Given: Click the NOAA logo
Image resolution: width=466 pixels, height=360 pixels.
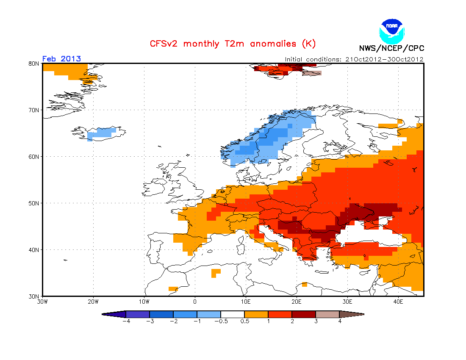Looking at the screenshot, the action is point(392,31).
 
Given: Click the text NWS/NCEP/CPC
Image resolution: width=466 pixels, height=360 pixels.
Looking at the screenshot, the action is point(391,48).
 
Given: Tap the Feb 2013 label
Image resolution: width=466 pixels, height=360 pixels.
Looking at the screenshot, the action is point(61,59).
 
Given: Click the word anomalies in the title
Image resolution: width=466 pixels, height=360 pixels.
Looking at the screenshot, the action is point(273,44).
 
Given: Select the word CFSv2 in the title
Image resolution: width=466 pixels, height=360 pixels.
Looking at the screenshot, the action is point(164,44).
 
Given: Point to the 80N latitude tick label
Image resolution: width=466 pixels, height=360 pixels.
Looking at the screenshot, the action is point(33,64).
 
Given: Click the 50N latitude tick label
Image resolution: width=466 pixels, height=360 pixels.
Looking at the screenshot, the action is point(33,203).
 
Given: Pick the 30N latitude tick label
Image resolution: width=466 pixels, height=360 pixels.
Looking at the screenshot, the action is point(33,296).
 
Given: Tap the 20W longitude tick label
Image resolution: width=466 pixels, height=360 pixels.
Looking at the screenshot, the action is point(93,302).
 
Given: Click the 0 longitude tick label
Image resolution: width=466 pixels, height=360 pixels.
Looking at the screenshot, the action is point(195,302).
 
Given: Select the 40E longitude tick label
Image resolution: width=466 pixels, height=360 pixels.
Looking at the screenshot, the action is point(398,302).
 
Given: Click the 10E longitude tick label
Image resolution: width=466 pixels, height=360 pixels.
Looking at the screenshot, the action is point(245,302).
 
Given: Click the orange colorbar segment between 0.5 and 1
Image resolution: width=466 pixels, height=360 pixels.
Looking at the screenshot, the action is point(256,314).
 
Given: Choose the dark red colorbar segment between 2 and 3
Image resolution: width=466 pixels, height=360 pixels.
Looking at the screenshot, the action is point(304,314).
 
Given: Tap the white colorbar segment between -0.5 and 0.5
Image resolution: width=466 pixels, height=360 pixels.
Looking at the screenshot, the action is point(233,314).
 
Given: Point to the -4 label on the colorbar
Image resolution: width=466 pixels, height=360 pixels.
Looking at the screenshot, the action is point(126,321).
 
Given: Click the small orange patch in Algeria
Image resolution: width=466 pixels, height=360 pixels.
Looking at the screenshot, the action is point(216,273).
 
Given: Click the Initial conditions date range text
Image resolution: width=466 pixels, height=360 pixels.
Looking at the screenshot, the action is point(354,59).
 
